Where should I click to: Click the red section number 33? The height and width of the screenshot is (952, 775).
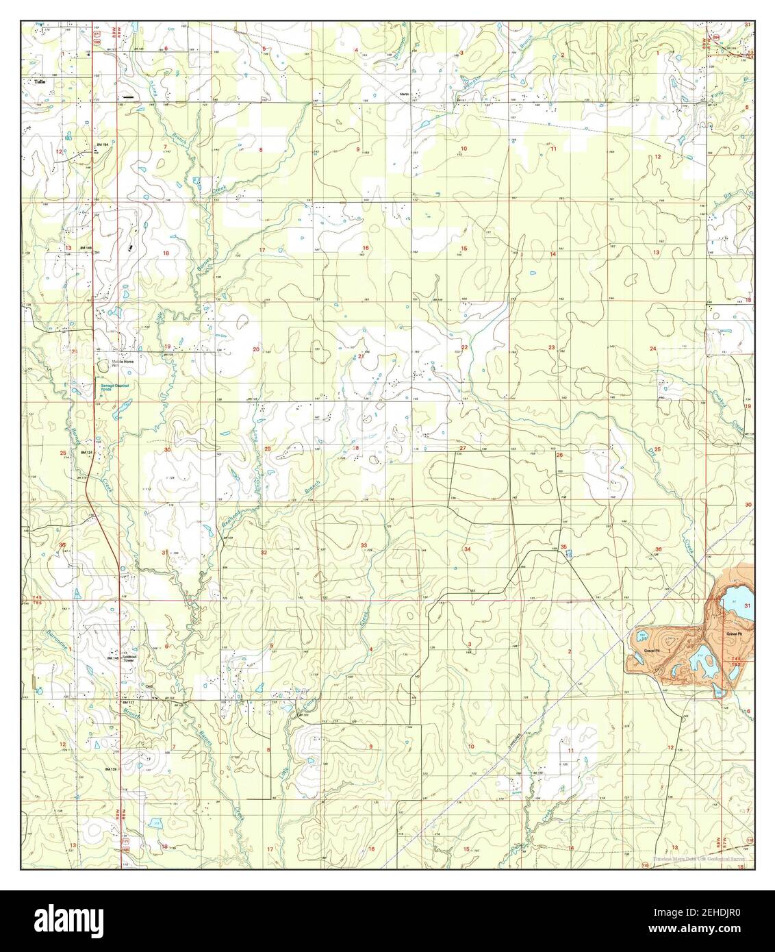pyautogui.click(x=365, y=545)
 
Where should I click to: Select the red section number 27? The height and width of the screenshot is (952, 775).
pyautogui.click(x=463, y=448)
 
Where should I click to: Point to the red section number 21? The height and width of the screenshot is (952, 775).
pyautogui.click(x=361, y=356)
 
